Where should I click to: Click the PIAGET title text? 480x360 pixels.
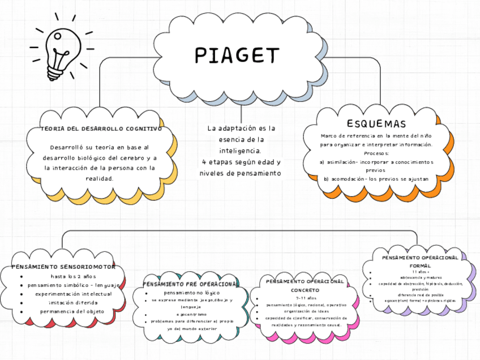click(x=238, y=55)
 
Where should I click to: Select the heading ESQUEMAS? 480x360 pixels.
click(x=376, y=124)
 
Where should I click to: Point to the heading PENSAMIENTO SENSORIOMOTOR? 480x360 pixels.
click(x=63, y=266)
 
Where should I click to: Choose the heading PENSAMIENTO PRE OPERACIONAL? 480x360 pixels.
click(x=189, y=284)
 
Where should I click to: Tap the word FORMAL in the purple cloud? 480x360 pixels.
click(x=419, y=265)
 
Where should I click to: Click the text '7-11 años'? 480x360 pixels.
click(x=305, y=298)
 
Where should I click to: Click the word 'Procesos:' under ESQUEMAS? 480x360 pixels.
click(x=376, y=153)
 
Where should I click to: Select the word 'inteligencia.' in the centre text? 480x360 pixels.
click(x=240, y=151)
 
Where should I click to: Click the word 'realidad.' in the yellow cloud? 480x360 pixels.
click(x=100, y=178)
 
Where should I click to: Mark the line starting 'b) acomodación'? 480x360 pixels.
click(x=376, y=178)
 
